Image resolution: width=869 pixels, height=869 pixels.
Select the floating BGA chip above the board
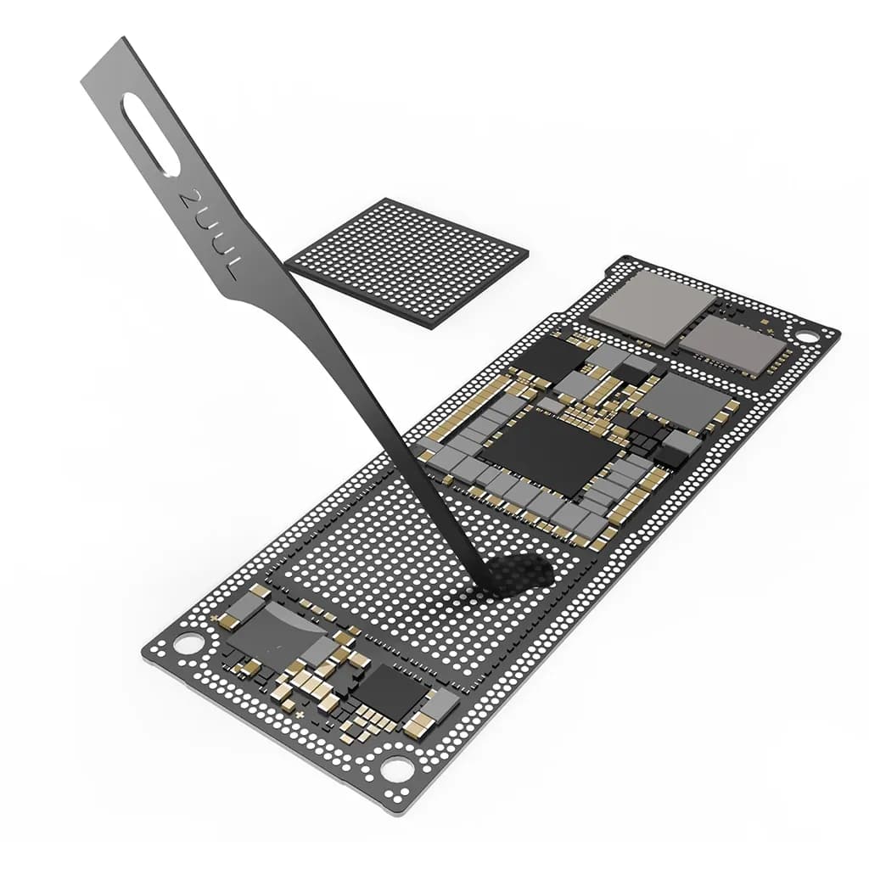[x=407, y=261]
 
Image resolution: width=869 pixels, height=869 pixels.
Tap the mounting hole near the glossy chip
[x=188, y=643]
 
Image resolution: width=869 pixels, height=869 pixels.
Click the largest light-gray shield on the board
[x=653, y=306]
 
